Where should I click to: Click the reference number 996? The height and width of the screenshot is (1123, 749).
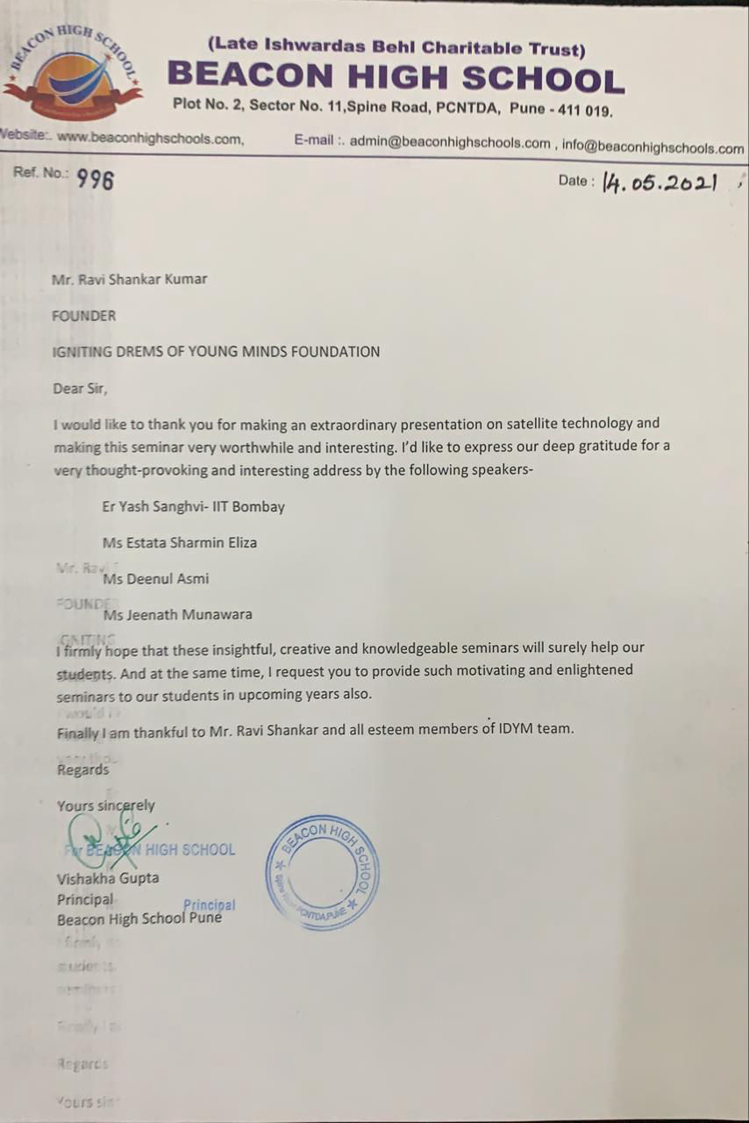tap(95, 180)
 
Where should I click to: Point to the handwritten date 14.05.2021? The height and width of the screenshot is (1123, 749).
tap(660, 183)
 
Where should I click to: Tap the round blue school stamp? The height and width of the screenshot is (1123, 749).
tap(322, 872)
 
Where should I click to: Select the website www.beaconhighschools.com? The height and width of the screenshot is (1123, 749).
tap(149, 139)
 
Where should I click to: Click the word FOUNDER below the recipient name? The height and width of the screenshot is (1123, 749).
tap(84, 316)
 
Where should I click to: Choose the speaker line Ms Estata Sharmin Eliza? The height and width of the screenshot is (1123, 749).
tap(180, 542)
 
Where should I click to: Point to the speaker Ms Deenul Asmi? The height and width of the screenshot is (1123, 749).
tap(156, 578)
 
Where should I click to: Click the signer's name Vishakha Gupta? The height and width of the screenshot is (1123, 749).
tap(108, 877)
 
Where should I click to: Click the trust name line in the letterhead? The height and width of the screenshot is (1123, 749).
tap(396, 48)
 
